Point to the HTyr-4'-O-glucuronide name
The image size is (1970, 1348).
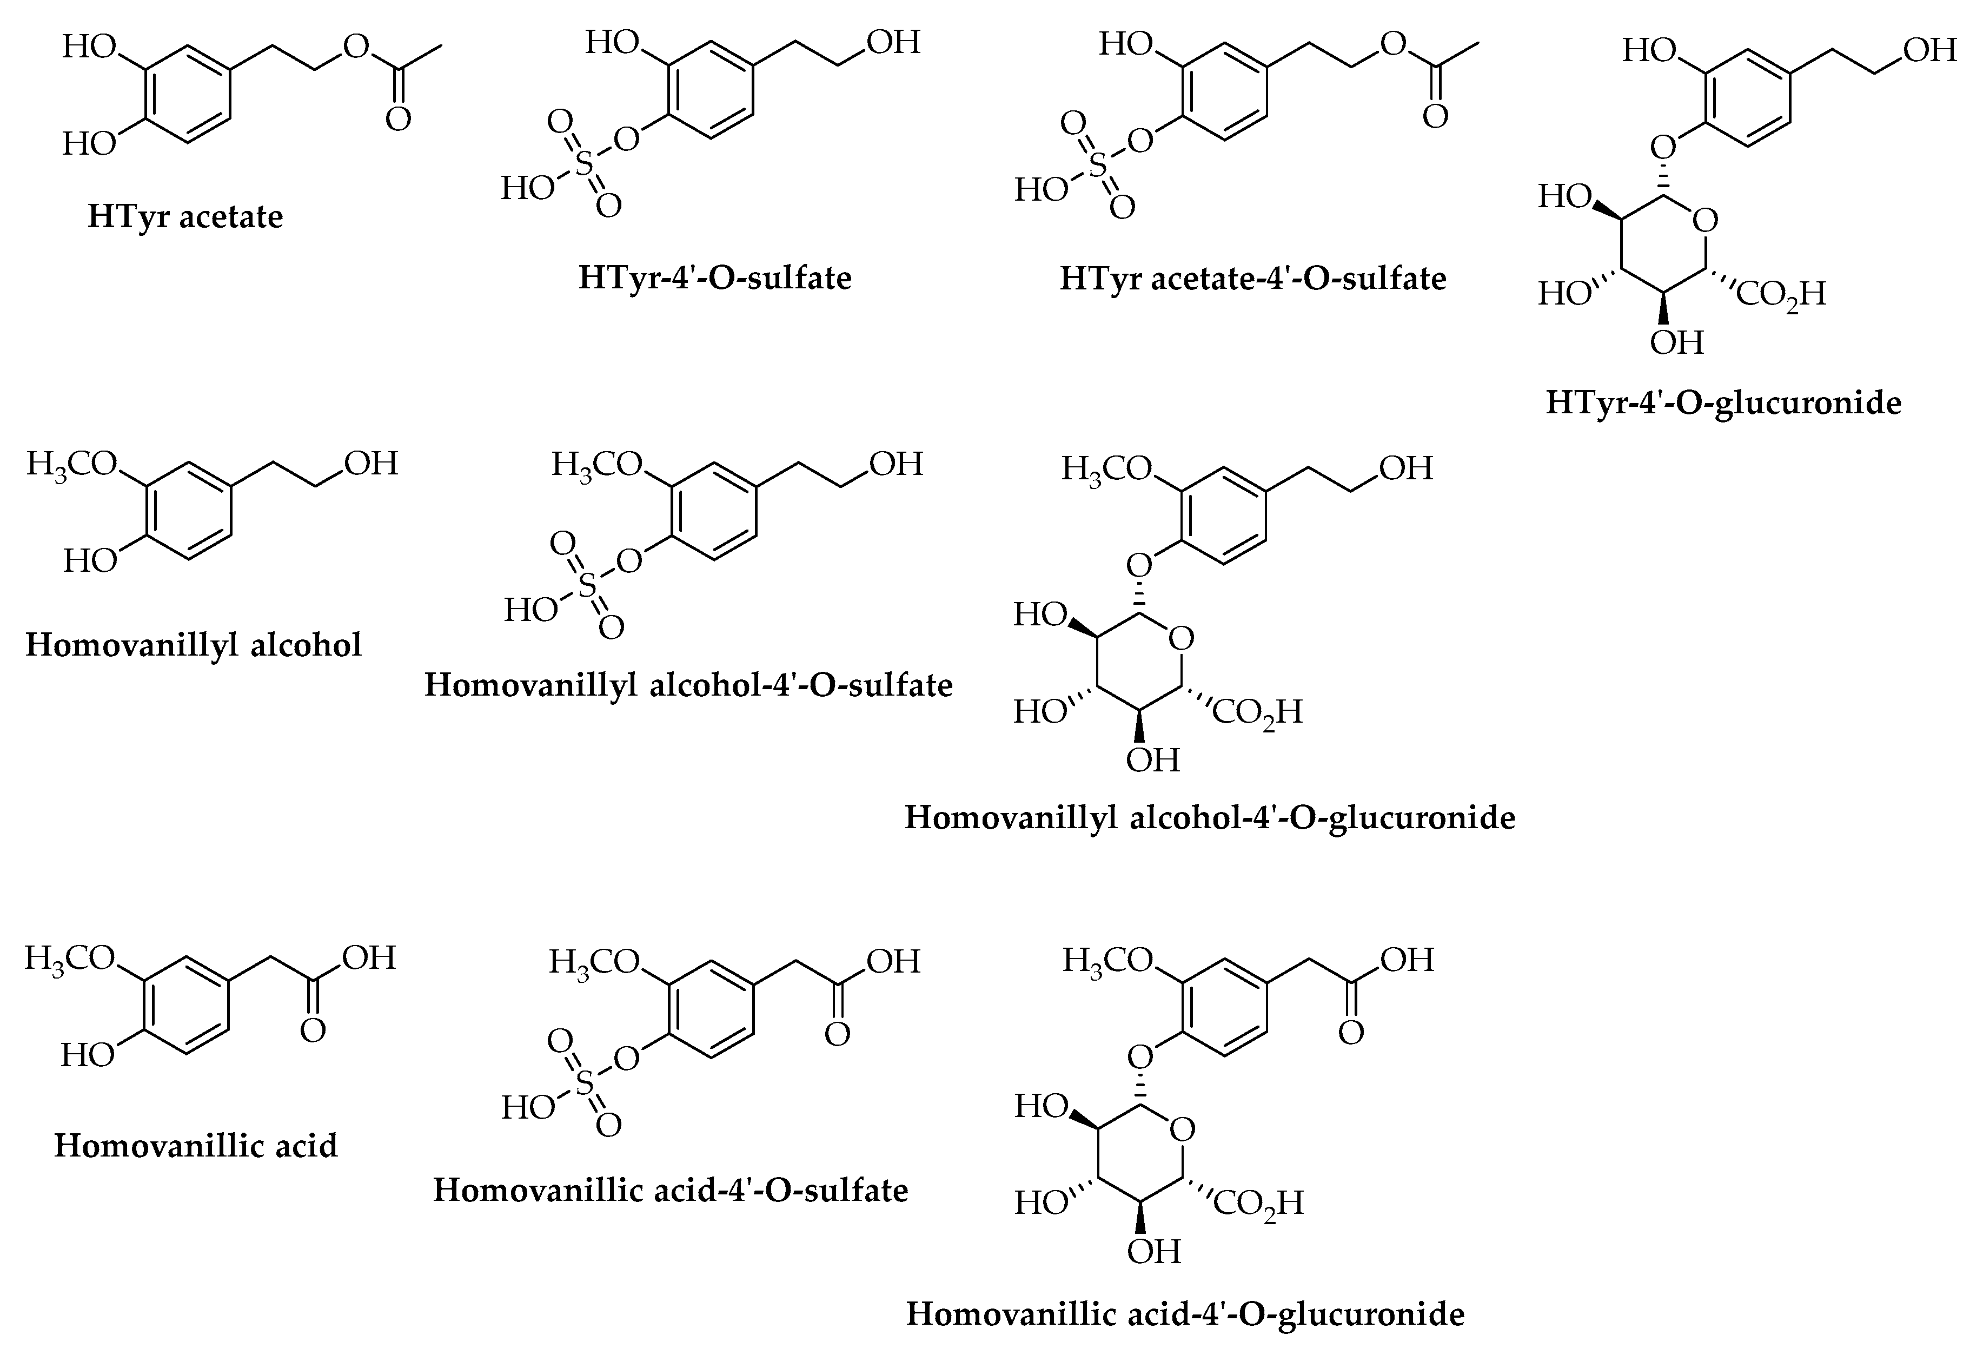click(x=1723, y=402)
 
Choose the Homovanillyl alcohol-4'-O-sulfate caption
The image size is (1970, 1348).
click(x=688, y=685)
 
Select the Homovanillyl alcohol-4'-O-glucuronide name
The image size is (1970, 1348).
click(x=1210, y=818)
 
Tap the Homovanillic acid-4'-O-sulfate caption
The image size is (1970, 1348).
click(x=671, y=1190)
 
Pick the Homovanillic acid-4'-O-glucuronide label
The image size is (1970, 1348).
click(x=1185, y=1314)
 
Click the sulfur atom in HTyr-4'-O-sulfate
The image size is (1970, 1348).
click(x=584, y=163)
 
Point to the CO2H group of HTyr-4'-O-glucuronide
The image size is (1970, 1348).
click(x=1780, y=294)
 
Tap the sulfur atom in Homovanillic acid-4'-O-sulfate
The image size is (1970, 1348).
click(x=584, y=1082)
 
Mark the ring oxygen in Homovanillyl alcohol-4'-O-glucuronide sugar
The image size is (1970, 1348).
click(x=1182, y=638)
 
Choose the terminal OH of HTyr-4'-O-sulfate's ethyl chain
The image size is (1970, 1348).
click(x=893, y=42)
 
